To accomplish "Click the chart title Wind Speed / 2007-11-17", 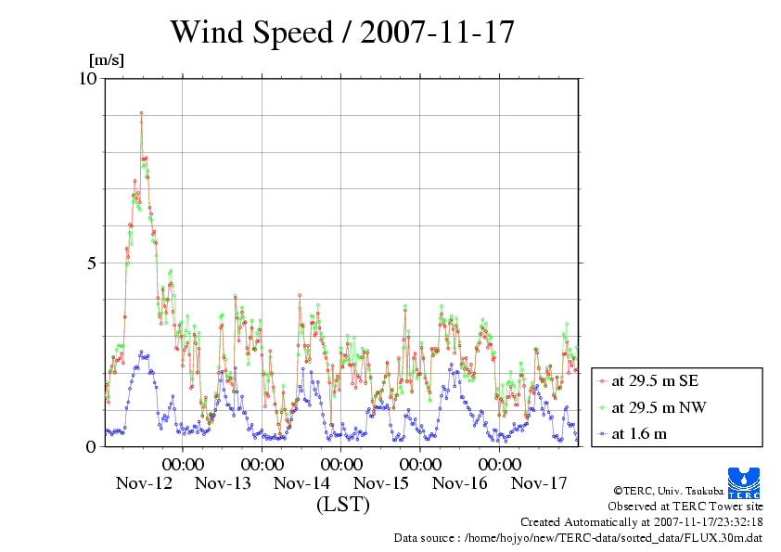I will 341,32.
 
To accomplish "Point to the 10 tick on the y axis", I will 87,78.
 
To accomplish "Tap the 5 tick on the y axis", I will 91,263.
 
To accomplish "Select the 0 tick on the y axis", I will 91,446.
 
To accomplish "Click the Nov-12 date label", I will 144,483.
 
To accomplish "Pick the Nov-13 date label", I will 223,483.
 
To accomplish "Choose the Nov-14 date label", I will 302,483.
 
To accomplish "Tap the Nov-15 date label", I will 381,483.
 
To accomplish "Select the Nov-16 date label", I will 460,483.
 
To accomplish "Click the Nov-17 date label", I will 539,483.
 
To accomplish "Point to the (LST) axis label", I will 342,505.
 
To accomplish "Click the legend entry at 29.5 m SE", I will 655,380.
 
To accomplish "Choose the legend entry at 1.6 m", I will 639,433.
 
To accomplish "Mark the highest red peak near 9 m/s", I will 141,113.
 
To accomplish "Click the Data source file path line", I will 578,537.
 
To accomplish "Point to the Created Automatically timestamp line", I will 641,521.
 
